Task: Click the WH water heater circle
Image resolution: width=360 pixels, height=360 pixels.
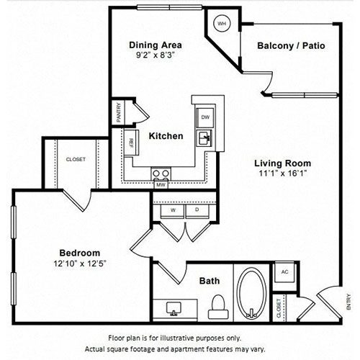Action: (221, 24)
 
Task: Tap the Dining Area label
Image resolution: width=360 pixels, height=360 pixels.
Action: (156, 45)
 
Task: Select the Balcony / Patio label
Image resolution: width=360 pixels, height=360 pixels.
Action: (291, 45)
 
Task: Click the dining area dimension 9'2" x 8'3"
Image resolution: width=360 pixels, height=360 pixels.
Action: (155, 55)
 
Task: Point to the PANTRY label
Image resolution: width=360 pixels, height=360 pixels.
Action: (119, 112)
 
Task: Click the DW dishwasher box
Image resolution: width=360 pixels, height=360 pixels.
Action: (205, 117)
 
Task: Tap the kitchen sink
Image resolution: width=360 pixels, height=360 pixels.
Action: (204, 138)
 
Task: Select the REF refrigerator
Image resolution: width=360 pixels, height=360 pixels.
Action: (132, 143)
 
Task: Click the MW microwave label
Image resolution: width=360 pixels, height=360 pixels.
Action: (161, 185)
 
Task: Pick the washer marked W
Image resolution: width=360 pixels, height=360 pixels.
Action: (173, 211)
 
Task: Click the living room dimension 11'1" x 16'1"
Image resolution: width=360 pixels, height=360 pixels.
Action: (283, 174)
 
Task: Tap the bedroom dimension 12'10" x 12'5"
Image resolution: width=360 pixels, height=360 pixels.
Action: (80, 264)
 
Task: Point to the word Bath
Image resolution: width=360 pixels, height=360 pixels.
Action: (210, 281)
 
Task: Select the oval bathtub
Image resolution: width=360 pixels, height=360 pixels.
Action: (251, 294)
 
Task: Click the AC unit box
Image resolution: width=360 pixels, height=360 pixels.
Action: (284, 272)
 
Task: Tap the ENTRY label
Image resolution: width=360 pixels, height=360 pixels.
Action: (348, 302)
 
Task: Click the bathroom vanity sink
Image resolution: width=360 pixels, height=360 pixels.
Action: (174, 309)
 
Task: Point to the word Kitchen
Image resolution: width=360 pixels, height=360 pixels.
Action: (166, 136)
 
